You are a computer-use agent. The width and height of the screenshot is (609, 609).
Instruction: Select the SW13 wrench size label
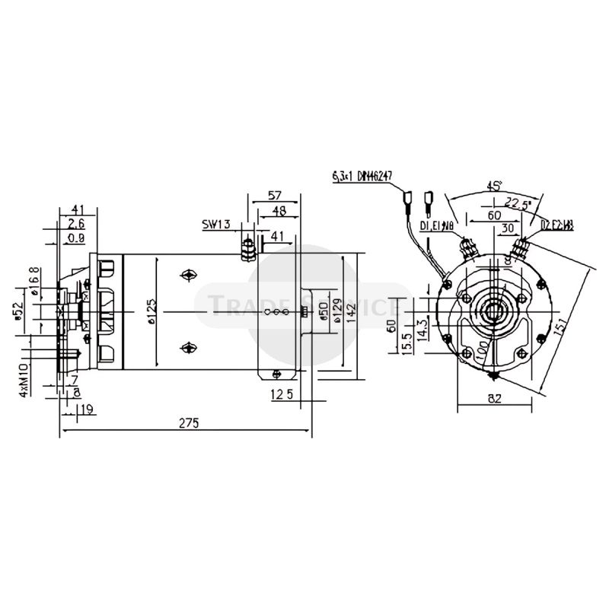(216, 225)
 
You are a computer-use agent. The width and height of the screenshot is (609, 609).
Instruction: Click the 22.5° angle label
(518, 202)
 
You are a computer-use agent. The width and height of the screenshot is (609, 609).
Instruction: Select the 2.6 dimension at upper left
(76, 223)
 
